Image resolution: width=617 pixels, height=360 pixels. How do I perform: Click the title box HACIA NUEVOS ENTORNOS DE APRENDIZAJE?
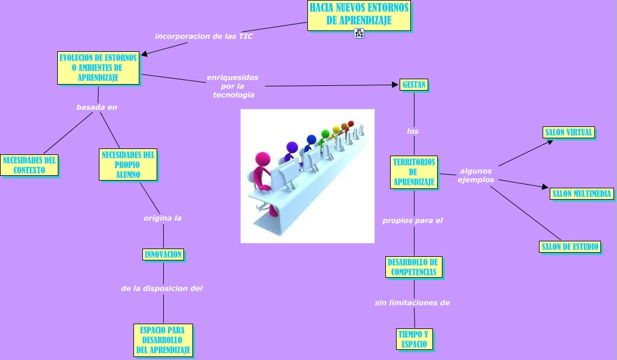359,15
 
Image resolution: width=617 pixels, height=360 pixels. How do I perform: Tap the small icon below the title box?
359,33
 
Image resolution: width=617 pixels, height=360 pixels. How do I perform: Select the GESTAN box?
414,85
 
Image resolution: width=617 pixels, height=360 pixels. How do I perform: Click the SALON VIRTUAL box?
569,132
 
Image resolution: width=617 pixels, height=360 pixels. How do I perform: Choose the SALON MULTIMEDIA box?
582,194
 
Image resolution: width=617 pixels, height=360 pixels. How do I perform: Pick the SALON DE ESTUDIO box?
570,247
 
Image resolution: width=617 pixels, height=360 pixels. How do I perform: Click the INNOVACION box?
163,255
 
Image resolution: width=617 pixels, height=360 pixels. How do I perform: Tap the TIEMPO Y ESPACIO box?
415,339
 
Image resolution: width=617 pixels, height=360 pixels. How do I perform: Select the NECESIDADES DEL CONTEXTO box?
29,165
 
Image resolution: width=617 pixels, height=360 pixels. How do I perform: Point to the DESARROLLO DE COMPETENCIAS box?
414,267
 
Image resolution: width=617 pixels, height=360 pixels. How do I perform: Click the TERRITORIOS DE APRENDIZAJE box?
414,172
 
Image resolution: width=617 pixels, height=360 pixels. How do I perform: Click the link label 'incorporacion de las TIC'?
204,36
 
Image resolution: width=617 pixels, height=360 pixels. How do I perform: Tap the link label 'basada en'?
97,107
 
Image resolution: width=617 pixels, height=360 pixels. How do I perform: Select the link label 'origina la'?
163,218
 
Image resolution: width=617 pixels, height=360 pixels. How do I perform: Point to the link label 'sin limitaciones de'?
412,303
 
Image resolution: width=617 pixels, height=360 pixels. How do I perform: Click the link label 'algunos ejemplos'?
476,175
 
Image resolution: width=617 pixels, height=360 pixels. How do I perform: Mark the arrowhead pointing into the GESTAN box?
395,85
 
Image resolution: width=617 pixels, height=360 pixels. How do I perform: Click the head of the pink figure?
263,160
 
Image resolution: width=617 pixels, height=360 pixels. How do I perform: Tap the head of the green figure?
325,134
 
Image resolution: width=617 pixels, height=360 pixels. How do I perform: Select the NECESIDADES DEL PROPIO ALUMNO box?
128,165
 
